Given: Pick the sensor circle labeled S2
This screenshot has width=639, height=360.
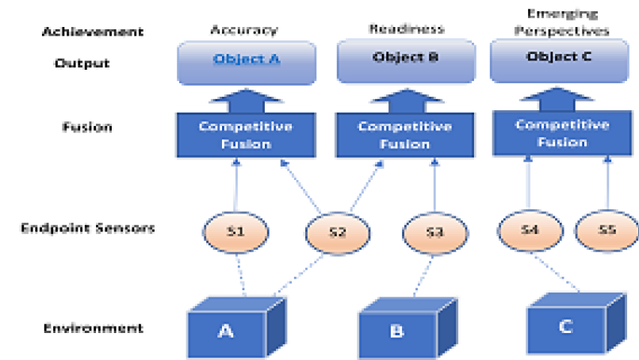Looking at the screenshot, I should click(338, 232).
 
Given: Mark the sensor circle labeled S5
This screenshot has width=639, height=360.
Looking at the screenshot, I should click(606, 229).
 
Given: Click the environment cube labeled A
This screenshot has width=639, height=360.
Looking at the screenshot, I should click(226, 331).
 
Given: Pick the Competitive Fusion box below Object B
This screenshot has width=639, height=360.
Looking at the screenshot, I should click(405, 135).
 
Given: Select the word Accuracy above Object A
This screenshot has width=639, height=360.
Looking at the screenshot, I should click(243, 30).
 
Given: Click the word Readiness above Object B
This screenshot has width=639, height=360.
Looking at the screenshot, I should click(406, 29).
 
